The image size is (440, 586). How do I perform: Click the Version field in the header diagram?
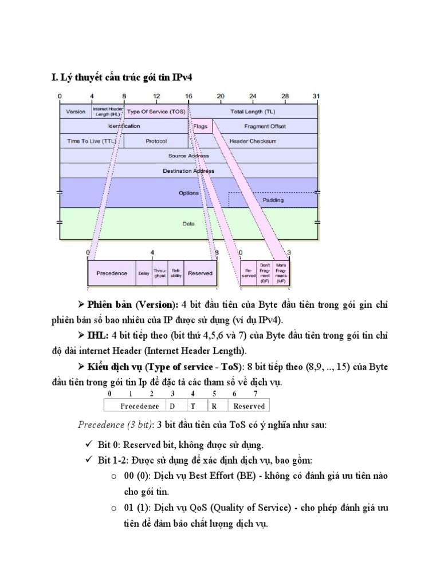point(76,112)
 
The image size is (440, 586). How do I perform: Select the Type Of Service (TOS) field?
point(155,112)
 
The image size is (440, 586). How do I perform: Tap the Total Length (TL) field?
point(253,112)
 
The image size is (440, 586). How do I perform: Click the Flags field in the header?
point(200,126)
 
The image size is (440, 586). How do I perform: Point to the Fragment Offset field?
point(265,126)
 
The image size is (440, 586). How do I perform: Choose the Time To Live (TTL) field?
point(91,141)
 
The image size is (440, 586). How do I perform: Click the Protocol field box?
point(156,141)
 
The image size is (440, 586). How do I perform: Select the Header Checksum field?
point(253,141)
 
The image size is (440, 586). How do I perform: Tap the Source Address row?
point(188,156)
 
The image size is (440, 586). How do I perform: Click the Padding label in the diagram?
point(273,200)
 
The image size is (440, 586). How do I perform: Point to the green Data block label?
point(188,224)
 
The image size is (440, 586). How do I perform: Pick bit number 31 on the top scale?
point(316,96)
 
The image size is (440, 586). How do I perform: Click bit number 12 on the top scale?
point(156,96)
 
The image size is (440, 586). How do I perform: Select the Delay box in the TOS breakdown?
point(144,274)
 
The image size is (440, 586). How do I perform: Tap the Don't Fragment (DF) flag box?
point(265,274)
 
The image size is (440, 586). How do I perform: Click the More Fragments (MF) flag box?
point(281,274)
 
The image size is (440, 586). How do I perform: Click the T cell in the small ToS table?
point(193,406)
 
